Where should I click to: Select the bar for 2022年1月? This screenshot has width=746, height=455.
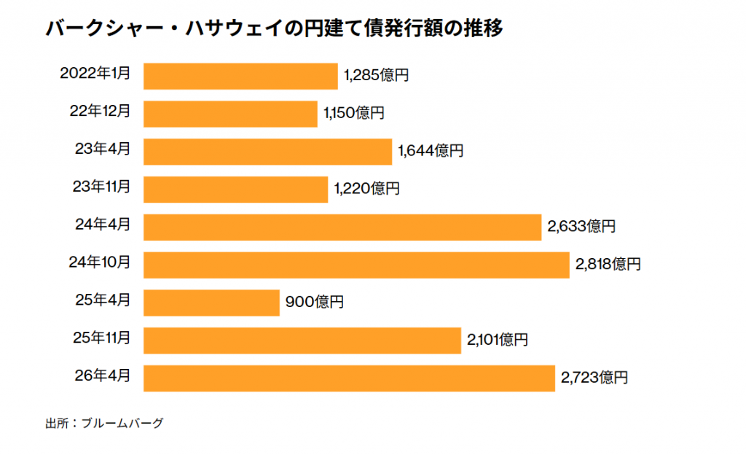240,76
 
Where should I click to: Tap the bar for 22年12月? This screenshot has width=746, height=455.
230,114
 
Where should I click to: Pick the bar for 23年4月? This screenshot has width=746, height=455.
267,152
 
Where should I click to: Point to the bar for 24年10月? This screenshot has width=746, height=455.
356,265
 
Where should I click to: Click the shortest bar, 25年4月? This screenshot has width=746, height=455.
211,303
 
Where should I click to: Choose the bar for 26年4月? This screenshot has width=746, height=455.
349,378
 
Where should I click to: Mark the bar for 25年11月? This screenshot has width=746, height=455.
302,341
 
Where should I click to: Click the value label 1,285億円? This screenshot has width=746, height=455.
376,75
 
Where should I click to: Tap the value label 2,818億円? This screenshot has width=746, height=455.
608,265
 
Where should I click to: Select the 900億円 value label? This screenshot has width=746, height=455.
314,303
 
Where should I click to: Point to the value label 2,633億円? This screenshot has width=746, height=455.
581,227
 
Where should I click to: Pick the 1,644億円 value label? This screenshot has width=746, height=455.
430,151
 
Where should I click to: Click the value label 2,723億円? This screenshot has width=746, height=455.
594,378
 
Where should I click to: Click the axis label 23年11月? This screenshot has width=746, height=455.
101,187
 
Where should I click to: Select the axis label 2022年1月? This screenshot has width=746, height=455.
95,73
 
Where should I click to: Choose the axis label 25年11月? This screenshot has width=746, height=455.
102,338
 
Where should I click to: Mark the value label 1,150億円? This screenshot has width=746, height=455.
353,113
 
